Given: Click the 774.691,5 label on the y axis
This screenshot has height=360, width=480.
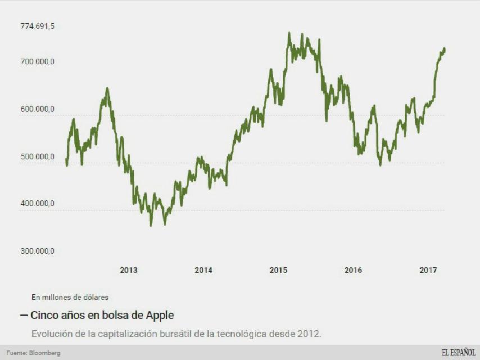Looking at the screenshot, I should (x=38, y=26).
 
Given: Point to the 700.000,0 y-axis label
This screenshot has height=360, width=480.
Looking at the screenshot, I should (x=38, y=62).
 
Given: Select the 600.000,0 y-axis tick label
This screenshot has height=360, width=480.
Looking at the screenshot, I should (x=38, y=109).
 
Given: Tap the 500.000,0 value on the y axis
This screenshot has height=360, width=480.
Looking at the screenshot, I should (x=38, y=157).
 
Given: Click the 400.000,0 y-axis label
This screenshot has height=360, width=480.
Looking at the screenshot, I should (x=38, y=204).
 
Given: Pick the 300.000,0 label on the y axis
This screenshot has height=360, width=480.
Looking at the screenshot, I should (x=38, y=251).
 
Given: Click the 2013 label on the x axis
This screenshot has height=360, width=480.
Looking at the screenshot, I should (x=129, y=271).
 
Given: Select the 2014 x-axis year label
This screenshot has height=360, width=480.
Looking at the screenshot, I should (x=203, y=271).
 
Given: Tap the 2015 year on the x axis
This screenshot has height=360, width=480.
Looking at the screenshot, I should (x=278, y=271).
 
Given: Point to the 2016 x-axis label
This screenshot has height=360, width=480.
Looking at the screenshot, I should (x=353, y=271).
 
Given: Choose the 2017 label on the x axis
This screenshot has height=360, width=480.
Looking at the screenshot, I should (x=428, y=271).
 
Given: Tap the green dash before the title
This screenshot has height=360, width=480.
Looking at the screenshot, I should (x=23, y=315).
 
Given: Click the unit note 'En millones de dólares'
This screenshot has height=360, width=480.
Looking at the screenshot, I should (x=70, y=297).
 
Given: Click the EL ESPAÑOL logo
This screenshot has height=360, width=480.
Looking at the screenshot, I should (x=458, y=353).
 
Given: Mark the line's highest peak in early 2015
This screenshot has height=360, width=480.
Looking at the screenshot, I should (x=289, y=33).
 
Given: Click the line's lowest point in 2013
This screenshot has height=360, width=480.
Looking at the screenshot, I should (x=151, y=226).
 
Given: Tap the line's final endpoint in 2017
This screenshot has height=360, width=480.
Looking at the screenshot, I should (x=445, y=48).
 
